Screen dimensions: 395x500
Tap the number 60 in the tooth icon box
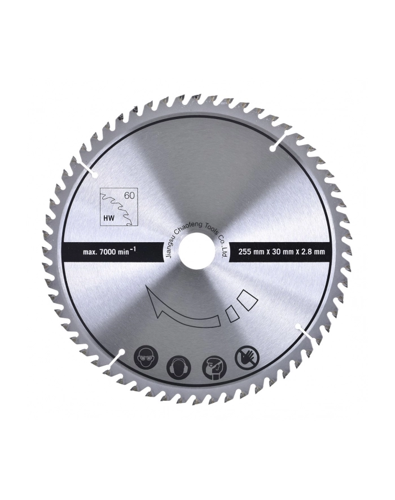click(129, 196)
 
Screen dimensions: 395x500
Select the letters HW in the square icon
click(109, 218)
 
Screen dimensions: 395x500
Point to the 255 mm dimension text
click(252, 252)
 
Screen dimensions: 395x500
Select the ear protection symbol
click(179, 367)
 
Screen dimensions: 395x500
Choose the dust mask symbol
click(214, 367)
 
